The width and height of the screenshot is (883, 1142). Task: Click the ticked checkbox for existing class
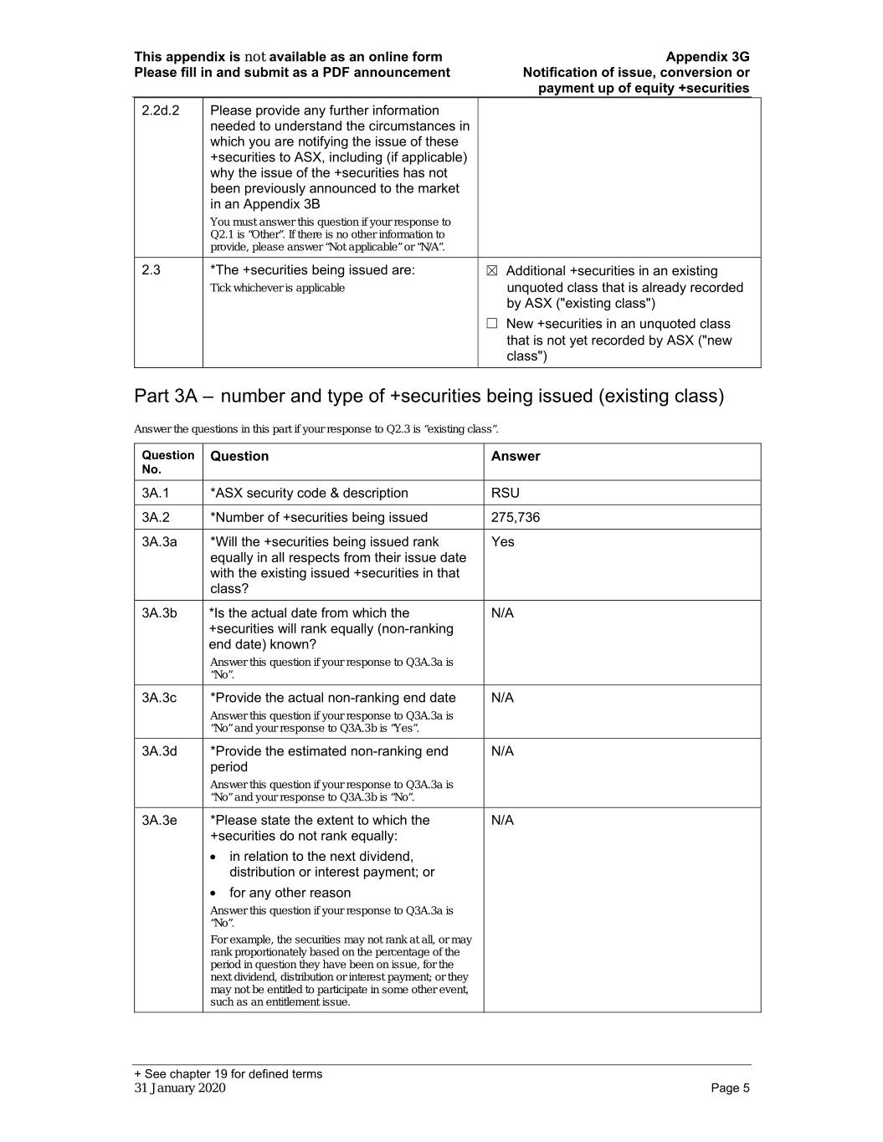[492, 271]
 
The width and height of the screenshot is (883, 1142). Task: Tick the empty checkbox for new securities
[492, 324]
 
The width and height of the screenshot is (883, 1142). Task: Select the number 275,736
[516, 517]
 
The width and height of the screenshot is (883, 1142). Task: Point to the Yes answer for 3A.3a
[502, 541]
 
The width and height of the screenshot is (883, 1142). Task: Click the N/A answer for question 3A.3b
[502, 613]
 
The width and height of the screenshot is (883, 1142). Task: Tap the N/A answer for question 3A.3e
[502, 820]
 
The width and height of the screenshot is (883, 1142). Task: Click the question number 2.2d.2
[160, 110]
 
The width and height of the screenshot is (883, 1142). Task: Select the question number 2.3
[151, 270]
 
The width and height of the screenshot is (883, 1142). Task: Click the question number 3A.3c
[159, 698]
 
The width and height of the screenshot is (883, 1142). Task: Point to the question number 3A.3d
[159, 751]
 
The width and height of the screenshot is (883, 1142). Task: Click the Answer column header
[516, 456]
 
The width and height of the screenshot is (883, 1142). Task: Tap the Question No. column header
[167, 462]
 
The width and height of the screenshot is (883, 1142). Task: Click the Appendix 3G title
[707, 57]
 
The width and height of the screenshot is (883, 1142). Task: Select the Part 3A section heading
[429, 396]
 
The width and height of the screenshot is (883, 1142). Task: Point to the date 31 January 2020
[179, 1088]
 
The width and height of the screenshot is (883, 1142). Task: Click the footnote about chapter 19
[228, 1073]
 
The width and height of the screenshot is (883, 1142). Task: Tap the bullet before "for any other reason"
[217, 894]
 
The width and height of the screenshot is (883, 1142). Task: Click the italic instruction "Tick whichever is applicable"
[277, 288]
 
